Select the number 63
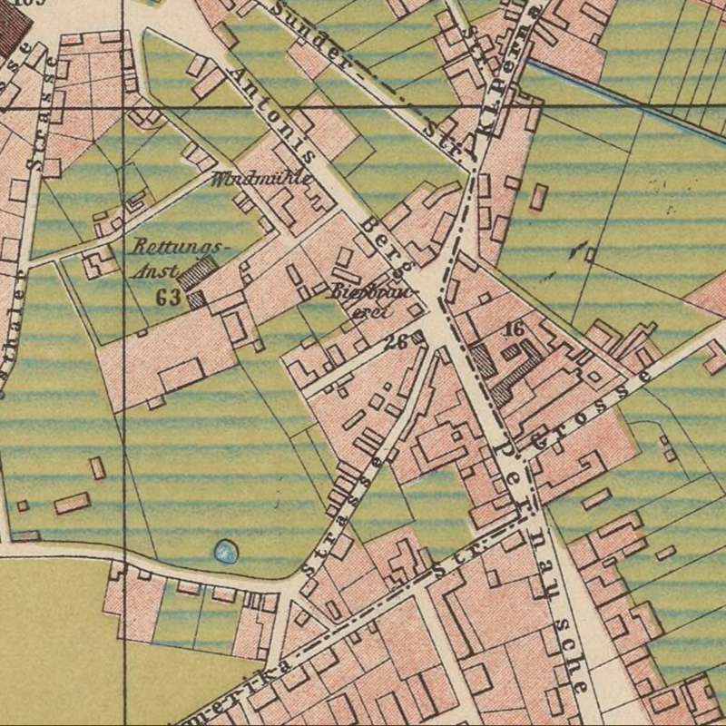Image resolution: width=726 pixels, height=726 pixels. coord(167,297)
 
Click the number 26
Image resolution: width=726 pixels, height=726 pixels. coord(394,342)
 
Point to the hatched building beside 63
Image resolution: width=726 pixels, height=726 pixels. coord(199,273)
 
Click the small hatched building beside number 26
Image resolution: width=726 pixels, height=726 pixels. coord(417,338)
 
